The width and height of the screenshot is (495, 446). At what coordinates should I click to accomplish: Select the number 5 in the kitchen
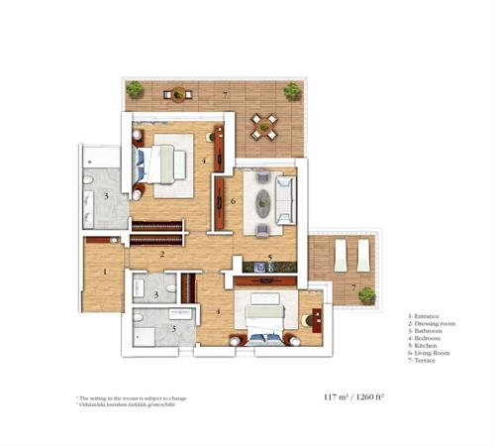tap(268, 256)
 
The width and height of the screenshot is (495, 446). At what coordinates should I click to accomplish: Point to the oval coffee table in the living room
tap(264, 205)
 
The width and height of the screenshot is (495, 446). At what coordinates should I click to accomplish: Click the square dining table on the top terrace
tap(262, 125)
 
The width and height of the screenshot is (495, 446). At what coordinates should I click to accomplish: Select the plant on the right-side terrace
tap(366, 294)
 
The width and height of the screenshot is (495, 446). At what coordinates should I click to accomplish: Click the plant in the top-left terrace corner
tap(134, 90)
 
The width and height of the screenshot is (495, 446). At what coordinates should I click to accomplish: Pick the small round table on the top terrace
tap(178, 95)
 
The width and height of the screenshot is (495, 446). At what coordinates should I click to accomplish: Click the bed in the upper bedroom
tap(162, 162)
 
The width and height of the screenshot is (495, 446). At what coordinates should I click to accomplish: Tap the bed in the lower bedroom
tap(266, 316)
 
